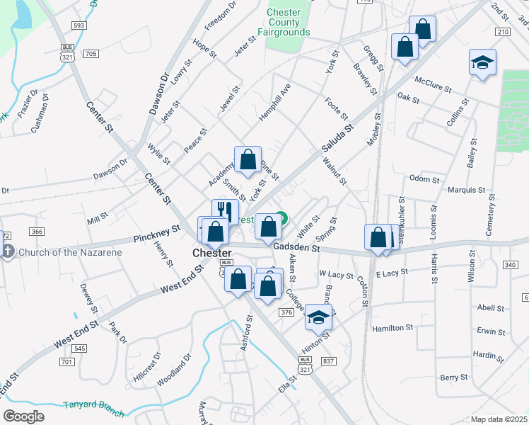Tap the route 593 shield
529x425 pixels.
tap(79, 25)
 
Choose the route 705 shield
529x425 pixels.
tap(91, 53)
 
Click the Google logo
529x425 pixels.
tap(23, 416)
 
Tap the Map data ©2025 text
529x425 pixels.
tap(499, 419)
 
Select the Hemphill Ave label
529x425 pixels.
tap(275, 102)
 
